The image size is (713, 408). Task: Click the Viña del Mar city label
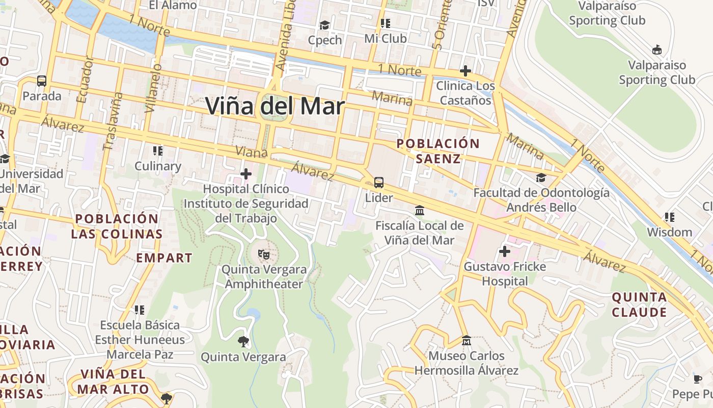[x=275, y=107]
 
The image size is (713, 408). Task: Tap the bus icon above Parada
[x=42, y=81]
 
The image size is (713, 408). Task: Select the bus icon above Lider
[x=379, y=182]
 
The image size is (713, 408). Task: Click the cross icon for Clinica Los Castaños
[x=465, y=71]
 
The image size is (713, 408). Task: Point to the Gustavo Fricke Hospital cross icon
[x=505, y=251]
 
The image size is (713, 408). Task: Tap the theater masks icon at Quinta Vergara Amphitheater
[x=263, y=253]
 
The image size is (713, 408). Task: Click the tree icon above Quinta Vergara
[x=243, y=341]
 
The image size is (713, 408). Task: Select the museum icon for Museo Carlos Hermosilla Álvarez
[x=466, y=340]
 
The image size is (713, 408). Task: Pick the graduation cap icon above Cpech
[x=324, y=25]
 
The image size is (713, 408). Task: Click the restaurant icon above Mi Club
[x=386, y=23]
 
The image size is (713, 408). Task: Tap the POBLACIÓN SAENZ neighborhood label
[x=438, y=151]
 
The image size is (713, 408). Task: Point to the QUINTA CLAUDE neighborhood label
[x=639, y=304]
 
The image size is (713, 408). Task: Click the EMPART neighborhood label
[x=164, y=258]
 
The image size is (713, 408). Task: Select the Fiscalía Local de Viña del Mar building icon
[x=420, y=210]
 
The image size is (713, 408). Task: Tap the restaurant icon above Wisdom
[x=670, y=217]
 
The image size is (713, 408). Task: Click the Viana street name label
[x=251, y=152]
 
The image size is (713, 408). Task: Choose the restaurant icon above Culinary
[x=158, y=151]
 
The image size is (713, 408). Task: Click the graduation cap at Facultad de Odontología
[x=541, y=177]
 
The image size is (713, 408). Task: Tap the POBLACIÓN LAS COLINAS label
[x=117, y=226]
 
